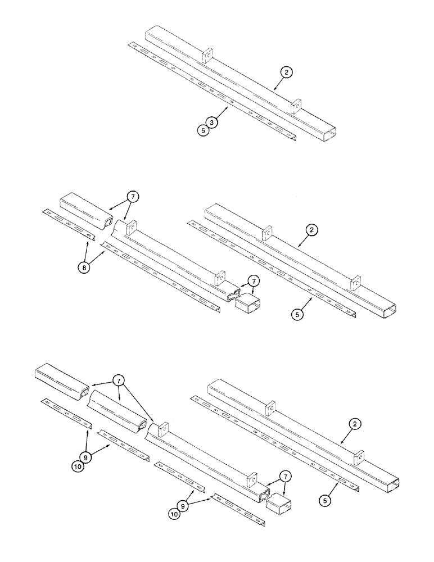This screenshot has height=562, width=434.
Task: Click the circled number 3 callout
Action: click(x=211, y=122)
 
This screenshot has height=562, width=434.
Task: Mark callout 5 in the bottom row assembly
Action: click(x=328, y=498)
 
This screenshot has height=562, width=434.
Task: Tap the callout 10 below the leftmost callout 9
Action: click(x=78, y=466)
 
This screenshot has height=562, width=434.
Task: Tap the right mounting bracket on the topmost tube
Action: click(x=296, y=105)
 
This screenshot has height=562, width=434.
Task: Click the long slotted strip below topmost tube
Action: click(x=214, y=92)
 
